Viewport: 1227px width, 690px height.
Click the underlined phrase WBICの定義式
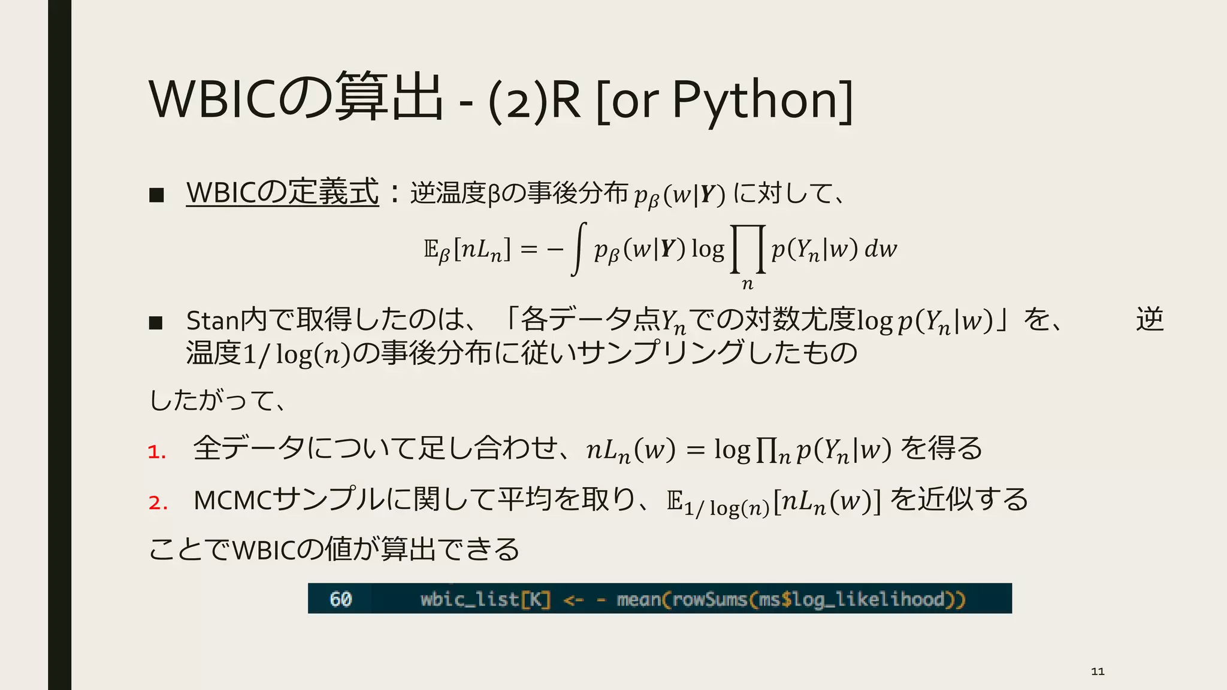[282, 193]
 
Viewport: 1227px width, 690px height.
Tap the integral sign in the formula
[578, 249]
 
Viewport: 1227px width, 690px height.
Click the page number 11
[1098, 671]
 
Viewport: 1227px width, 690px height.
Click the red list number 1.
[156, 452]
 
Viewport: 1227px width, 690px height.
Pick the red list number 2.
[158, 502]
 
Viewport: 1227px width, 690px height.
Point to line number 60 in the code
[340, 599]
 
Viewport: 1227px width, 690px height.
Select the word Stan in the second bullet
[213, 321]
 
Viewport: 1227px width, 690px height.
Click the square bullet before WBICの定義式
[156, 195]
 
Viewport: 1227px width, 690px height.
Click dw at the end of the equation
[881, 249]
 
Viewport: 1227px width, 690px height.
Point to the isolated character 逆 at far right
[1149, 319]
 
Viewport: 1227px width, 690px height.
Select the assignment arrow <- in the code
[573, 600]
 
